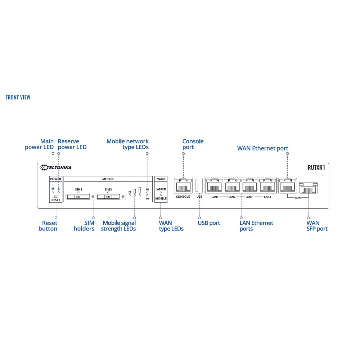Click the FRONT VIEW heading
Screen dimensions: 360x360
[x=18, y=98]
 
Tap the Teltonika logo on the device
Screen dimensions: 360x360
[x=56, y=167]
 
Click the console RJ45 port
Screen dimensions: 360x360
[x=183, y=186]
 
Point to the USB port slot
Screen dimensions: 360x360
[x=199, y=186]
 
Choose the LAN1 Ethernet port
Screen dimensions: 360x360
[x=215, y=186]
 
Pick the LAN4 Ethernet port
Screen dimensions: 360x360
[x=267, y=186]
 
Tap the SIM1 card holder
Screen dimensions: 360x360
[x=78, y=197]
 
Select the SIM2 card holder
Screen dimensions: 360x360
[x=108, y=197]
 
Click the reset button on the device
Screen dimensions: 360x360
[x=56, y=197]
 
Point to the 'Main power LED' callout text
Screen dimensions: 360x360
[x=39, y=144]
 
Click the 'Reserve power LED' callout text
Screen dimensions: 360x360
[x=72, y=144]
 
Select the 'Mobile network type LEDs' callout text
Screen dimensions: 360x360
[x=127, y=144]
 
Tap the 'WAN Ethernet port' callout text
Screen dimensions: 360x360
[x=262, y=148]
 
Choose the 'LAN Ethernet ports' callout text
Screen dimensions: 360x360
[x=256, y=226]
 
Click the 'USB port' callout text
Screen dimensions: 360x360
[x=209, y=223]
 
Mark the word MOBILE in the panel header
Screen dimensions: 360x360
[x=108, y=179]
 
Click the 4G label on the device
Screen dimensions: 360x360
[x=147, y=198]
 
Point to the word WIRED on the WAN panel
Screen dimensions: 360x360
[x=161, y=189]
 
